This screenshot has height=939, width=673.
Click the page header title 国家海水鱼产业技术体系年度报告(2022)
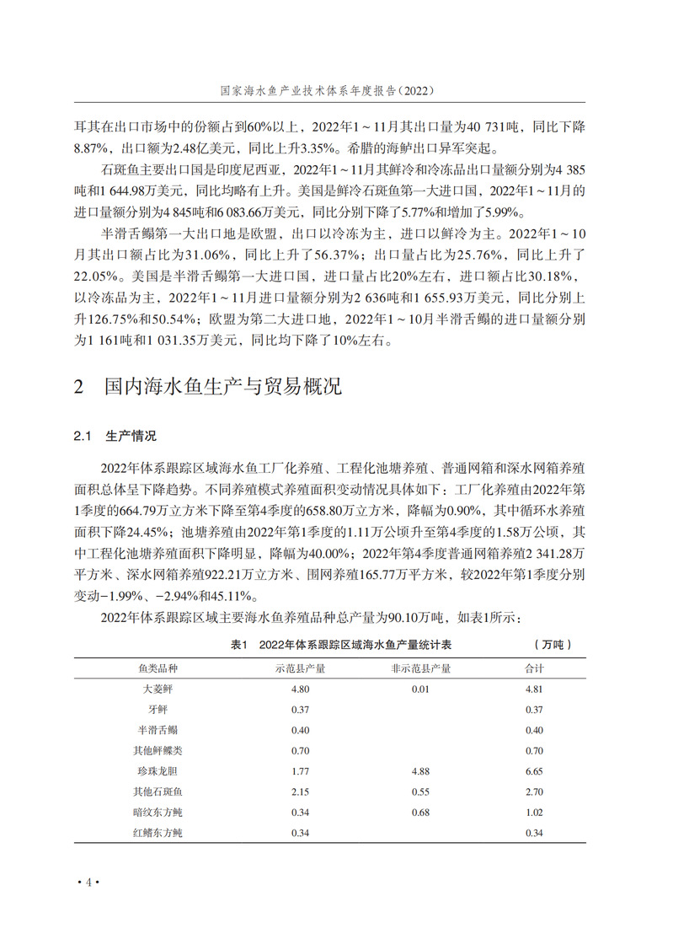(337, 89)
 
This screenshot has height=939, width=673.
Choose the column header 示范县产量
(302, 668)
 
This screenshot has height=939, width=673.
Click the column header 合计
(534, 668)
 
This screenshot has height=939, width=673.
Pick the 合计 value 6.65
(534, 771)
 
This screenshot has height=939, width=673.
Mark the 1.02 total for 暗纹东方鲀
(534, 813)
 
